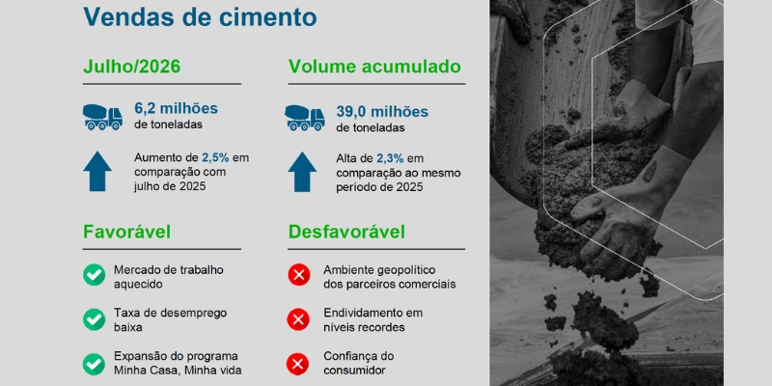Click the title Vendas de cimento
pyautogui.click(x=200, y=16)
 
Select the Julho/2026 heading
pyautogui.click(x=132, y=67)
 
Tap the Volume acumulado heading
pyautogui.click(x=374, y=67)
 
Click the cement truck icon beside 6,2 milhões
pyautogui.click(x=102, y=117)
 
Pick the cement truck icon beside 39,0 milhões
pyautogui.click(x=305, y=118)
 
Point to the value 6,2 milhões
pyautogui.click(x=177, y=108)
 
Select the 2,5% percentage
pyautogui.click(x=215, y=158)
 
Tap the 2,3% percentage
pyautogui.click(x=391, y=158)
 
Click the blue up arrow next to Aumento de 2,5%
pyautogui.click(x=97, y=171)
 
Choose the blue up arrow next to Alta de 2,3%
pyautogui.click(x=302, y=172)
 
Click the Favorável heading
pyautogui.click(x=127, y=232)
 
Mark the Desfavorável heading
pyautogui.click(x=346, y=232)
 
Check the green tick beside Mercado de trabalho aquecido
pyautogui.click(x=94, y=275)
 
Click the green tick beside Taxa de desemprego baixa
pyautogui.click(x=94, y=319)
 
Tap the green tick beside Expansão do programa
pyautogui.click(x=94, y=365)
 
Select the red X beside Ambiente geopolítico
pyautogui.click(x=299, y=275)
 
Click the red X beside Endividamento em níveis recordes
pyautogui.click(x=298, y=319)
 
